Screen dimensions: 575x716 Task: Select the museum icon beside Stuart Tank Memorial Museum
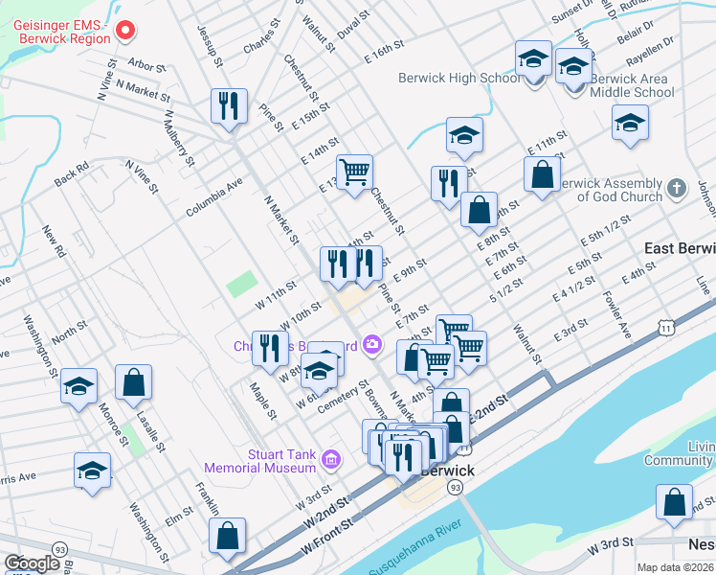click(x=331, y=461)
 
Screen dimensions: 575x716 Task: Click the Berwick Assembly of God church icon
click(x=677, y=189)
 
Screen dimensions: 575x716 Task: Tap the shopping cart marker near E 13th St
click(x=354, y=172)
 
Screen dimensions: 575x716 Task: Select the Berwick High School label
click(x=461, y=78)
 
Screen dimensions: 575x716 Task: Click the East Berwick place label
click(x=679, y=248)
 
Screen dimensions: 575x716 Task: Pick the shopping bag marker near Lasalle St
click(x=133, y=382)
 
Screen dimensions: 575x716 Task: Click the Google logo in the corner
click(x=32, y=563)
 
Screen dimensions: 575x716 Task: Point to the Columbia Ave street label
click(x=214, y=196)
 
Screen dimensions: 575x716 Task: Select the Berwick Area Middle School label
click(x=632, y=85)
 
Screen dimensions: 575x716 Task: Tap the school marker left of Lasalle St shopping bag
click(x=78, y=386)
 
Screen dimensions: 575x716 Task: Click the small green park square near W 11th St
click(x=241, y=285)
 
